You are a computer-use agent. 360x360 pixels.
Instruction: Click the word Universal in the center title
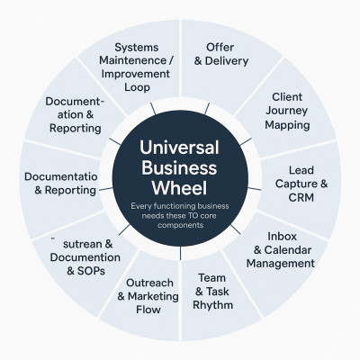point(179,148)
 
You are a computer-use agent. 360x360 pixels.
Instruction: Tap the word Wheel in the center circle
point(179,188)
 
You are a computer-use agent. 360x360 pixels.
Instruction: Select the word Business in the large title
point(179,167)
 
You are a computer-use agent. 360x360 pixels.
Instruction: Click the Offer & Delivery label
point(221,54)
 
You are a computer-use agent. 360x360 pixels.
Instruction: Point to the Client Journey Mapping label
point(287,111)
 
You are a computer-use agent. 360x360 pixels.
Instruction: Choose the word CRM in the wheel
point(301,198)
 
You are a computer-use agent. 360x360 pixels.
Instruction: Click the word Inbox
point(282,237)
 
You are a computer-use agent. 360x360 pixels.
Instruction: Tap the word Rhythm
point(212,305)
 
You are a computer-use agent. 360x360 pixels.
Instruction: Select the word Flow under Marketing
point(148,310)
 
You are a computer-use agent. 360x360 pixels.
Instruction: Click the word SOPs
point(91,271)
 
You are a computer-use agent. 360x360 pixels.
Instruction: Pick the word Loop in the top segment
point(137,87)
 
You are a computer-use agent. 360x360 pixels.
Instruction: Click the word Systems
point(137,48)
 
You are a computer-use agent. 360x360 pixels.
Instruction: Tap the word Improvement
point(136,74)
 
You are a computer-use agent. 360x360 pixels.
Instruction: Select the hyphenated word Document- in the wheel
point(75,102)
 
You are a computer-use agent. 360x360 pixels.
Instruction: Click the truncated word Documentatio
point(61,176)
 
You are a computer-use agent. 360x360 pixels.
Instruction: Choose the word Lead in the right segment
point(301,170)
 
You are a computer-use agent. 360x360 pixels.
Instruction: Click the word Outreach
point(149,283)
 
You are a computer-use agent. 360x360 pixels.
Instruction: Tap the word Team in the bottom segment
point(211,278)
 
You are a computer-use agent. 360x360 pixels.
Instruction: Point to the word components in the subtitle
point(181,225)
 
